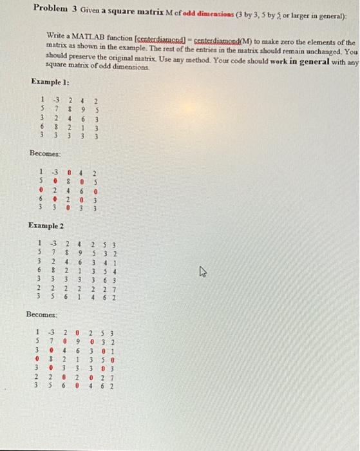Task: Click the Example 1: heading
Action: tap(50, 82)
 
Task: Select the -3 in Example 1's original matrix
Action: tap(56, 100)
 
